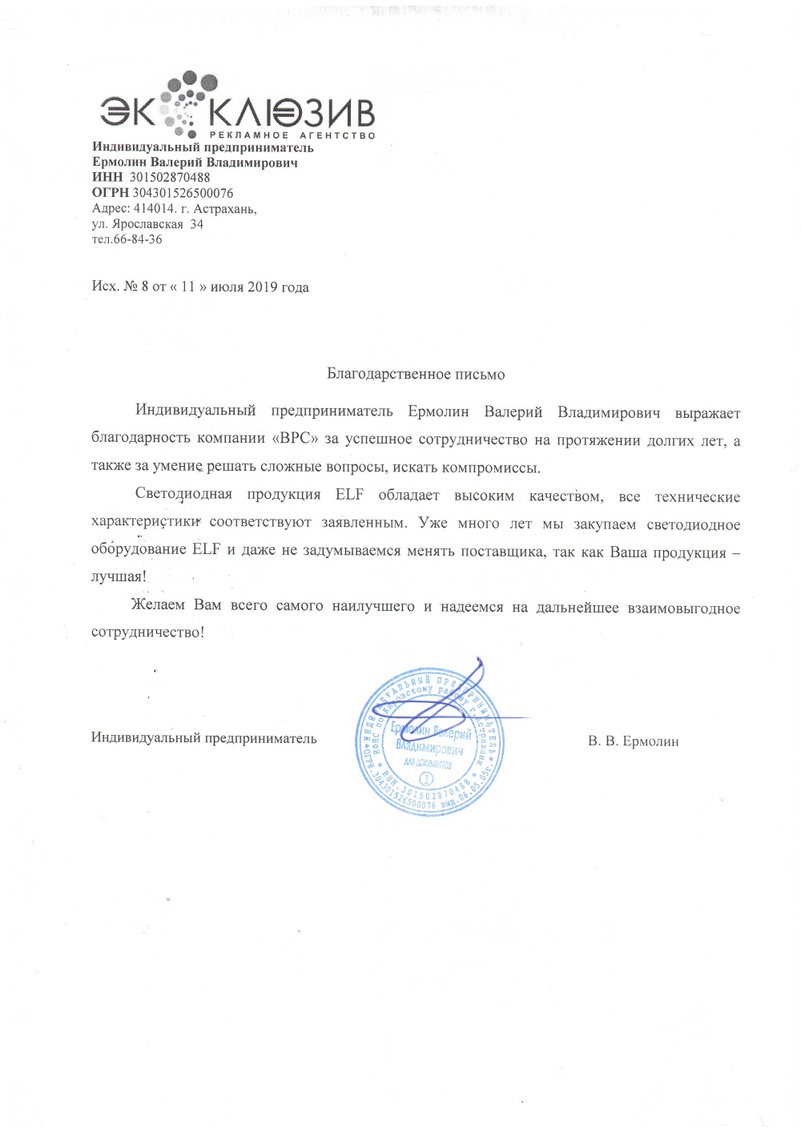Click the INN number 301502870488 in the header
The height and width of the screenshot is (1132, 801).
click(169, 178)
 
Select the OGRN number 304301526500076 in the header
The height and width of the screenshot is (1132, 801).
click(183, 193)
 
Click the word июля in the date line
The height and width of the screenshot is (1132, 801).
click(227, 287)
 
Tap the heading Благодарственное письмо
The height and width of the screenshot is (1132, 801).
click(416, 374)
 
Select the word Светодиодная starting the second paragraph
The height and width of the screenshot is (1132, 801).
click(183, 494)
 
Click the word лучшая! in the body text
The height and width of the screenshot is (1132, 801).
click(119, 576)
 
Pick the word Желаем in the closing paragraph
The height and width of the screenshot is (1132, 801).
click(158, 605)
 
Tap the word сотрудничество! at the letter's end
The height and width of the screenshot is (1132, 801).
click(147, 632)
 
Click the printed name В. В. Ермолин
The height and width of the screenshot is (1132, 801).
click(633, 741)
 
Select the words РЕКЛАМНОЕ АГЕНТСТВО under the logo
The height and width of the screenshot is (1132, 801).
click(292, 135)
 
